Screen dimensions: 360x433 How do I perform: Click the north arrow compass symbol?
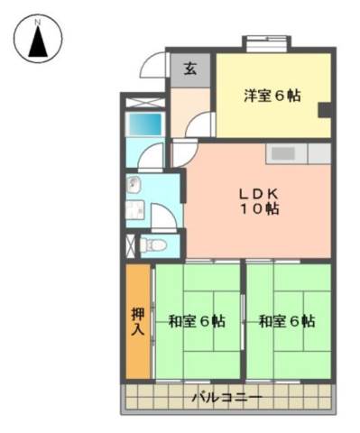(38, 39)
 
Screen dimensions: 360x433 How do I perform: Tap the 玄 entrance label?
(190, 69)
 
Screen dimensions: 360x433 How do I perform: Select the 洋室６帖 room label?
(272, 96)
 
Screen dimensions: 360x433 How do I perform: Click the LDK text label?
(259, 194)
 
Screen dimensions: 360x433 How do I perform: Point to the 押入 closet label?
(138, 322)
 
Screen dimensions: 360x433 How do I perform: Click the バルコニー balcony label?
(227, 398)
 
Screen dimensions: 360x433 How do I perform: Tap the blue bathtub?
(145, 124)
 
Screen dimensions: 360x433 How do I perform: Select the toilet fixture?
(153, 244)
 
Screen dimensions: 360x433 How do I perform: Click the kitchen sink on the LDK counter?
(283, 153)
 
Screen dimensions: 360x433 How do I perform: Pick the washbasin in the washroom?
(134, 183)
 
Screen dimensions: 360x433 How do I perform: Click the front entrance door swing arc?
(153, 65)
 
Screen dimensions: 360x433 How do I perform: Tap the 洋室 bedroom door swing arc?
(199, 124)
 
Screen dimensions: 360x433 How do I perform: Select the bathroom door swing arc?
(151, 155)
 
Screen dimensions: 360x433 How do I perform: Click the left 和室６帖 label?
(197, 321)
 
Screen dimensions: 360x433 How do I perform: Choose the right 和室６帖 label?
(287, 321)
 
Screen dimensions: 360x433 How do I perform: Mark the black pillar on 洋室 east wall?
(325, 110)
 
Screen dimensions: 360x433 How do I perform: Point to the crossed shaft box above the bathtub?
(145, 103)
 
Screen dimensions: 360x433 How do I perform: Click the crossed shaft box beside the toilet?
(131, 245)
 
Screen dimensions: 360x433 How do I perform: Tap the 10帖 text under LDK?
(259, 209)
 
